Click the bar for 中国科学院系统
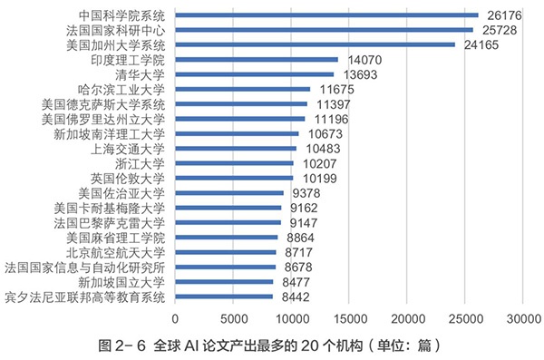[x=326, y=15]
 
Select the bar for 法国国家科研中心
[x=325, y=30]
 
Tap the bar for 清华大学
[x=255, y=74]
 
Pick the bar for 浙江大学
[x=234, y=163]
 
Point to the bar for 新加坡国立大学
[x=224, y=282]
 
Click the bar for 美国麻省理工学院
[x=227, y=238]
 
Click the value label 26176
[x=505, y=15]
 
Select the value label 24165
[x=482, y=45]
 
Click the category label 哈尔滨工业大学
[x=122, y=90]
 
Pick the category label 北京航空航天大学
[x=115, y=252]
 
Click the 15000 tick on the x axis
[x=349, y=318]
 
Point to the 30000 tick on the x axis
[x=523, y=318]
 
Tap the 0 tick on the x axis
[x=175, y=318]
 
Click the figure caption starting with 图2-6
[x=272, y=345]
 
